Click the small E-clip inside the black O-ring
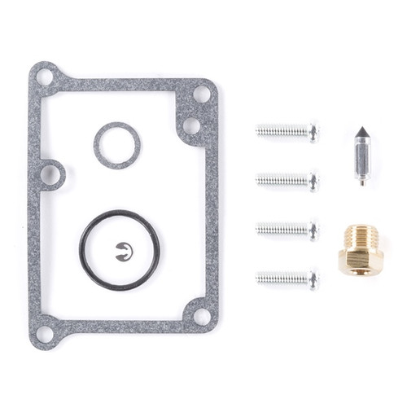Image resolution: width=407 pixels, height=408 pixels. [x=124, y=252]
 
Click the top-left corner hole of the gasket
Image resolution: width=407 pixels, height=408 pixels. [x=45, y=77]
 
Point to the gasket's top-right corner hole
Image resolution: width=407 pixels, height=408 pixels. [x=201, y=94]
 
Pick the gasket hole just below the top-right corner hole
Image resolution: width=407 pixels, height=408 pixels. [x=191, y=125]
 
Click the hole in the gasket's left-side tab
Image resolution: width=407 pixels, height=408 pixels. [x=50, y=174]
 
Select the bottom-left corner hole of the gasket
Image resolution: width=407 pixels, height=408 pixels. [x=45, y=333]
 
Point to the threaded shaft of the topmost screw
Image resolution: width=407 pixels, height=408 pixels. [x=281, y=131]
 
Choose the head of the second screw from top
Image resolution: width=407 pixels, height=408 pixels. [x=313, y=181]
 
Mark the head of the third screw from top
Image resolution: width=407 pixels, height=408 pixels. [x=313, y=230]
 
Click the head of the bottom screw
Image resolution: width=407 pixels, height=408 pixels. [x=313, y=279]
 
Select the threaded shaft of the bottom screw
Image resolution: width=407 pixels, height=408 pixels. [x=281, y=279]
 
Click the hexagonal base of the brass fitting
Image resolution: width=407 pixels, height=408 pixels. [x=361, y=263]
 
